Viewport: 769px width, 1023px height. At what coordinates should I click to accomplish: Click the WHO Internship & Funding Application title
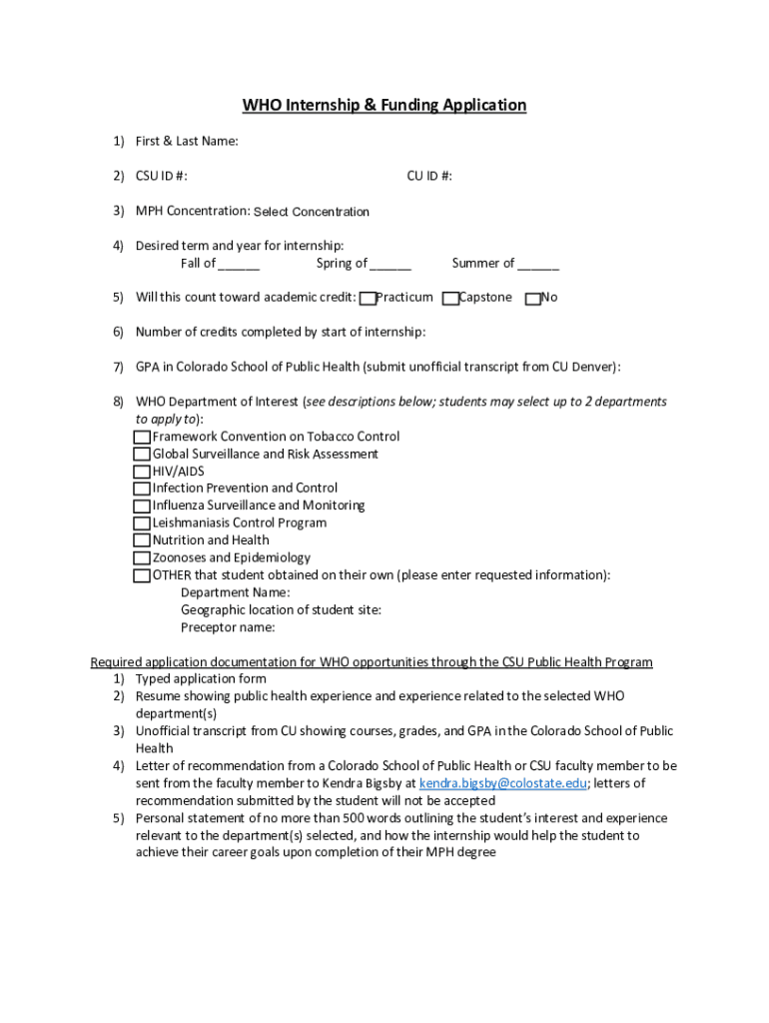point(384,105)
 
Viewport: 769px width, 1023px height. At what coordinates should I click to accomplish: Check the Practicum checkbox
point(368,298)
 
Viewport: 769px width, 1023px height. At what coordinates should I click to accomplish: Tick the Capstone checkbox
point(450,298)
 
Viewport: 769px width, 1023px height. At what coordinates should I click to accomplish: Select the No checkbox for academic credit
point(532,298)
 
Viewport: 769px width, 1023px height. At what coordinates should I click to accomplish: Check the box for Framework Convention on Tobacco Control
point(142,438)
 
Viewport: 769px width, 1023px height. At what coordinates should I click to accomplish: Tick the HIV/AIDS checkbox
point(142,472)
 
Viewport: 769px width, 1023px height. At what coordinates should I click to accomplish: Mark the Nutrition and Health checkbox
point(142,540)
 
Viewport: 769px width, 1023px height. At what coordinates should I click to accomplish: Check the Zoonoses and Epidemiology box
point(142,558)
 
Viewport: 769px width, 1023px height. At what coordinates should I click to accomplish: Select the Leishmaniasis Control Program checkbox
point(142,523)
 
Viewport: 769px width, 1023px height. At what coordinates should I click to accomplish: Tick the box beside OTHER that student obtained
point(142,576)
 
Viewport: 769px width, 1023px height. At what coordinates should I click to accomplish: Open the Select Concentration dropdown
point(312,212)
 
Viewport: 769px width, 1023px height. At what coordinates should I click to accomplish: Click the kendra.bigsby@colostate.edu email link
point(502,784)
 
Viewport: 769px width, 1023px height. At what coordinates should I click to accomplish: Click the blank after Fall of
point(239,264)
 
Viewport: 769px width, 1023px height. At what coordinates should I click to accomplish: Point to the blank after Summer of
point(538,264)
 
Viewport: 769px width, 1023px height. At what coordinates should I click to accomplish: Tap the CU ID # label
point(429,177)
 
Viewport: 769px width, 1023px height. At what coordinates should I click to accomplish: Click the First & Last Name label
point(187,142)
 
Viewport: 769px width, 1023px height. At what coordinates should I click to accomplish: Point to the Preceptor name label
point(228,628)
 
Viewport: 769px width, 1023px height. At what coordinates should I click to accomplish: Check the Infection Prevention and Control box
point(142,490)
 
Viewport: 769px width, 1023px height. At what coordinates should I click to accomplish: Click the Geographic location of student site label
point(281,610)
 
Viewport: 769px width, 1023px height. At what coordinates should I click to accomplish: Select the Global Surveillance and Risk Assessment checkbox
point(142,455)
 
